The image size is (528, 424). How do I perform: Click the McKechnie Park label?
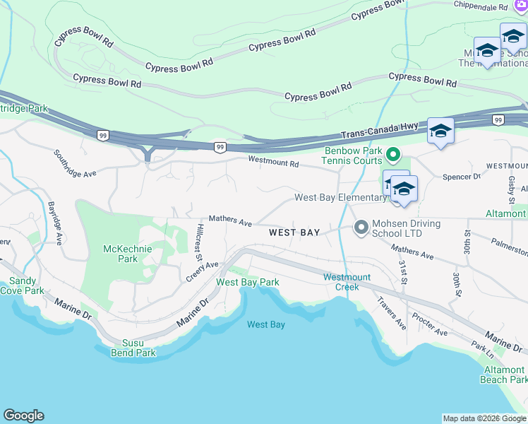(x=120, y=254)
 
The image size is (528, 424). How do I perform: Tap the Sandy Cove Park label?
(x=21, y=285)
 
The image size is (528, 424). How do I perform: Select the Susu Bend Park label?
(x=133, y=348)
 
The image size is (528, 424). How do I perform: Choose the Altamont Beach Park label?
(x=504, y=375)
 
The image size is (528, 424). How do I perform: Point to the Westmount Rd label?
(x=273, y=163)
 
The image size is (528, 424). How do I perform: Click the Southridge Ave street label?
(x=75, y=163)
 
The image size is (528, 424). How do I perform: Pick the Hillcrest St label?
(x=200, y=242)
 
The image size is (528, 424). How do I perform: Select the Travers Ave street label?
(x=391, y=313)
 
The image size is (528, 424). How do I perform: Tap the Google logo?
(x=23, y=416)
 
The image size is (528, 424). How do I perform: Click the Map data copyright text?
(x=484, y=418)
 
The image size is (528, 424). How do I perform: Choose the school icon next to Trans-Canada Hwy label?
(x=440, y=131)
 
